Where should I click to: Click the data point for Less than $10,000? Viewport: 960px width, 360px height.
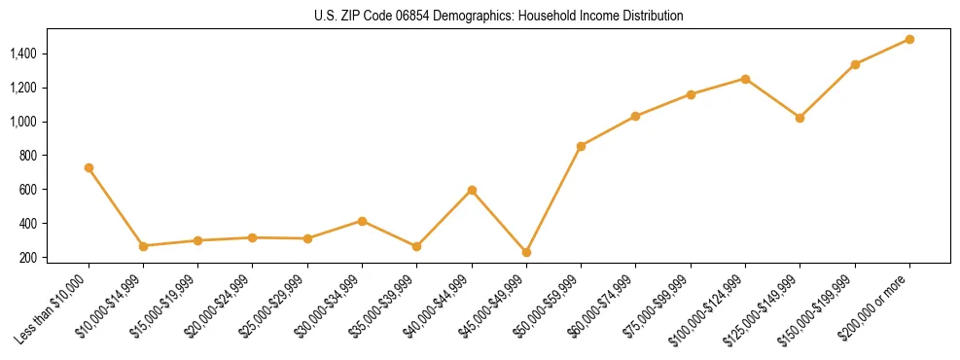[89, 167]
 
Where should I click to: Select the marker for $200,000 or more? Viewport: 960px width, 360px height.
[909, 39]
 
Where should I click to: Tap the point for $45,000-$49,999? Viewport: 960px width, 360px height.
[526, 252]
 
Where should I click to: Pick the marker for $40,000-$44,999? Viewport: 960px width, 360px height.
[472, 190]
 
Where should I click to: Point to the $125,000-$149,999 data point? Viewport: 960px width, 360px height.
[800, 118]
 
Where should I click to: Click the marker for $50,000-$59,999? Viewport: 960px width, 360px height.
[581, 146]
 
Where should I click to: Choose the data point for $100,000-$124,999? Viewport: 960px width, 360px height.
[745, 79]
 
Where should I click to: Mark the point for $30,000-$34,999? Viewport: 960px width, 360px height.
[362, 221]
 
